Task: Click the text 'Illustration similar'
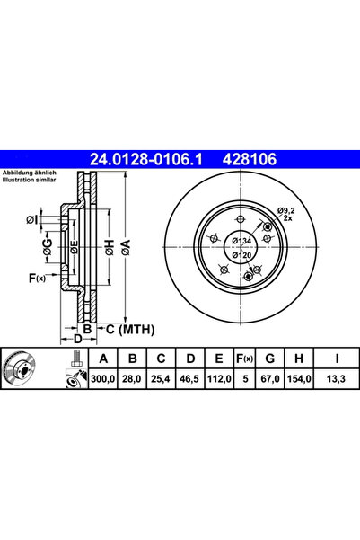(x=31, y=180)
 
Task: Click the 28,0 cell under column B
(x=133, y=381)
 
